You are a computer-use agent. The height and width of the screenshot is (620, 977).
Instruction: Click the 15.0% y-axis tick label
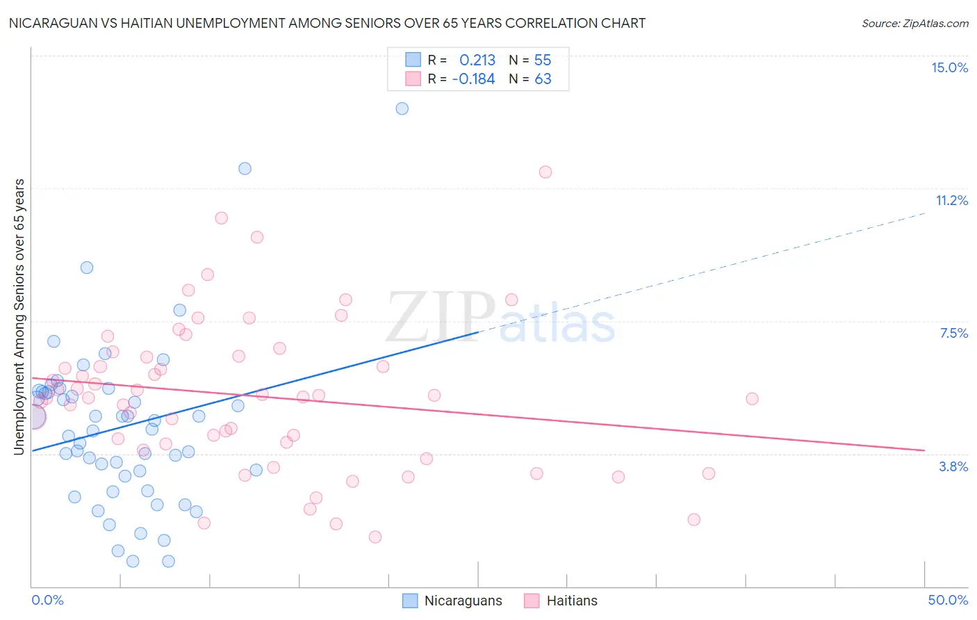tap(949, 67)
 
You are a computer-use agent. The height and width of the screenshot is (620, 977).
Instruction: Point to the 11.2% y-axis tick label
tap(951, 200)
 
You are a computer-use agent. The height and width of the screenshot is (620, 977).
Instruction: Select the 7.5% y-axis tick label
tap(953, 333)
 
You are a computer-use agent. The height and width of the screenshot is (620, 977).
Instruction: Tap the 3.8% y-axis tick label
tap(953, 466)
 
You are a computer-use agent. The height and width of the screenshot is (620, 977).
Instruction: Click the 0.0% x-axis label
tap(47, 600)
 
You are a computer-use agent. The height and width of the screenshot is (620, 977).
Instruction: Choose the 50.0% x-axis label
tap(948, 600)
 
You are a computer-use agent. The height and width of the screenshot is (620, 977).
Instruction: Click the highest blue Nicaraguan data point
tap(402, 108)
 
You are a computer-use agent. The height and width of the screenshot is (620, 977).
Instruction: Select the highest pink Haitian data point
tap(545, 172)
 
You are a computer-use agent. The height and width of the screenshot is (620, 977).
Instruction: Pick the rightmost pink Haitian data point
tap(752, 399)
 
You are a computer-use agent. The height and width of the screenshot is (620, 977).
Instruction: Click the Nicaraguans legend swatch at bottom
tap(411, 601)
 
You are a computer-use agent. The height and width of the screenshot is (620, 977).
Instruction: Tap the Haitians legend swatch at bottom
tap(532, 601)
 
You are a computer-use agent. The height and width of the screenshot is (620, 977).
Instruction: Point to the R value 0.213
tap(477, 60)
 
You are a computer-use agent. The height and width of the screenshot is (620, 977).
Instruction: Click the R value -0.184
tap(473, 79)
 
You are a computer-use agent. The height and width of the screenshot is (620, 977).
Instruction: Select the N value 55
tap(543, 60)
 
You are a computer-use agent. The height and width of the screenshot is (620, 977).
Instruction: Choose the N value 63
tap(543, 79)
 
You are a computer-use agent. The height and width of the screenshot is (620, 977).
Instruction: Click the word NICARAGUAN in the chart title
tap(49, 24)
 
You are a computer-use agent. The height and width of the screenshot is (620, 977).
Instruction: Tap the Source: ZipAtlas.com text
tap(914, 24)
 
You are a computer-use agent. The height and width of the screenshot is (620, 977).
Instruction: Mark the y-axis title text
tap(19, 317)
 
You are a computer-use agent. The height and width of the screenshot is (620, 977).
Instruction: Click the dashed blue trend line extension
tap(702, 271)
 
